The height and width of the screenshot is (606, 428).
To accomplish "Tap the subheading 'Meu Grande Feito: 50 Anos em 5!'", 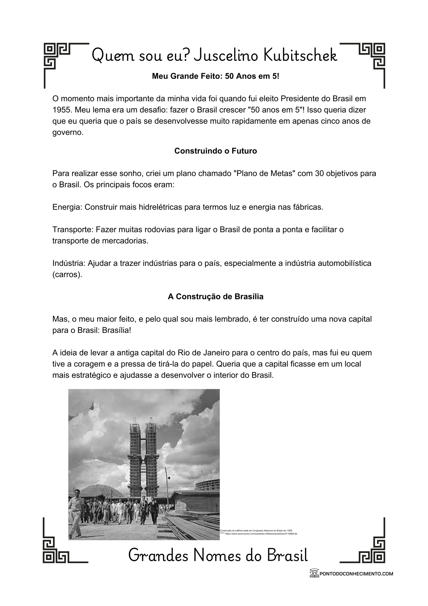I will pyautogui.click(x=215, y=76).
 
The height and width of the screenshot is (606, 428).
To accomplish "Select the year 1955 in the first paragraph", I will pyautogui.click(x=61, y=110).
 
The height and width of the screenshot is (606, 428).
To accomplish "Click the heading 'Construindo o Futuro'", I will pyautogui.click(x=215, y=151).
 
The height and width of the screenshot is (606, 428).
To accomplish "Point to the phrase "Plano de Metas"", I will pyautogui.click(x=265, y=174).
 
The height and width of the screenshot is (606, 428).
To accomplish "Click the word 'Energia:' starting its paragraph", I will pyautogui.click(x=67, y=207).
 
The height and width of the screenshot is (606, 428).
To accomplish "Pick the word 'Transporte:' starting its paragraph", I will pyautogui.click(x=73, y=230).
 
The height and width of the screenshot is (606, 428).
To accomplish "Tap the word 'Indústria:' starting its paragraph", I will pyautogui.click(x=69, y=263).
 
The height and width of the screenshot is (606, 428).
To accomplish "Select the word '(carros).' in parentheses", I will pyautogui.click(x=67, y=275).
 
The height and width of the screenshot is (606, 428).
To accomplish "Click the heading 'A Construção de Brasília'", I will pyautogui.click(x=215, y=297).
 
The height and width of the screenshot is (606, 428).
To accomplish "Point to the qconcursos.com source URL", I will pyautogui.click(x=261, y=534).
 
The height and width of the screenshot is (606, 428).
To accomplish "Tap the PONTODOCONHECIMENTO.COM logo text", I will pyautogui.click(x=356, y=574).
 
